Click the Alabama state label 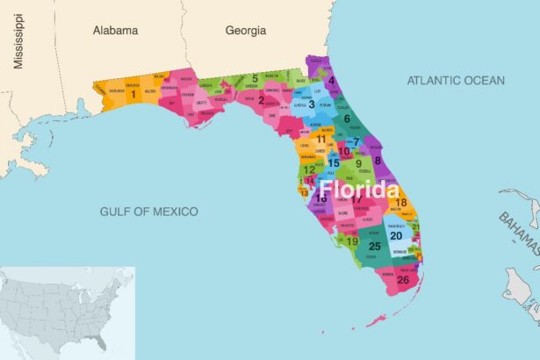click(116, 30)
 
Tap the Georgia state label click(245, 30)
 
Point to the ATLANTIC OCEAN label click(456, 81)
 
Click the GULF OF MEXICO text click(148, 212)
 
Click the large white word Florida click(357, 190)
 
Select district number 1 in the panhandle click(133, 92)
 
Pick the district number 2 click(261, 100)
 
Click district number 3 click(311, 104)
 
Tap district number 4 click(331, 81)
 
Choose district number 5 click(255, 78)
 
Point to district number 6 click(347, 119)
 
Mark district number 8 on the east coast click(378, 160)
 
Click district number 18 click(400, 203)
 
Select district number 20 click(396, 235)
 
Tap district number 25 click(375, 247)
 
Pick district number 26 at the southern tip click(402, 280)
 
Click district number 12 click(308, 169)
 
